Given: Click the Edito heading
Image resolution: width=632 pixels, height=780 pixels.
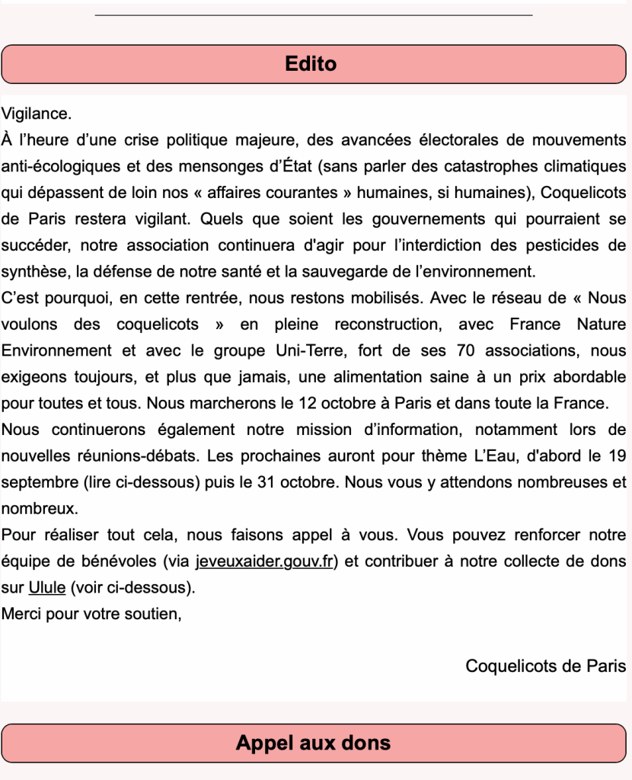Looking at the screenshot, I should coord(311,63).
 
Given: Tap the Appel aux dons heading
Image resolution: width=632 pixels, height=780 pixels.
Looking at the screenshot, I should coord(313,743).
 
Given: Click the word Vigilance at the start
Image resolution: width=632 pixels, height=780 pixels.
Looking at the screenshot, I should coord(36,114).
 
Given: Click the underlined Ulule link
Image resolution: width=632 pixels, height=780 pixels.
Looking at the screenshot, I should coord(46,588).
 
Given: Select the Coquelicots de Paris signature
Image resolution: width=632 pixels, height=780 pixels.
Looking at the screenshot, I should coord(546,666).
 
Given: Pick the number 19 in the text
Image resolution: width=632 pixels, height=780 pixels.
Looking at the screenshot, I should coord(618,456).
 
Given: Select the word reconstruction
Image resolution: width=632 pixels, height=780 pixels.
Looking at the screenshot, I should coord(387,324).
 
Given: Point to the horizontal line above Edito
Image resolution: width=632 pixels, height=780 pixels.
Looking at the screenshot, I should coord(314,14).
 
